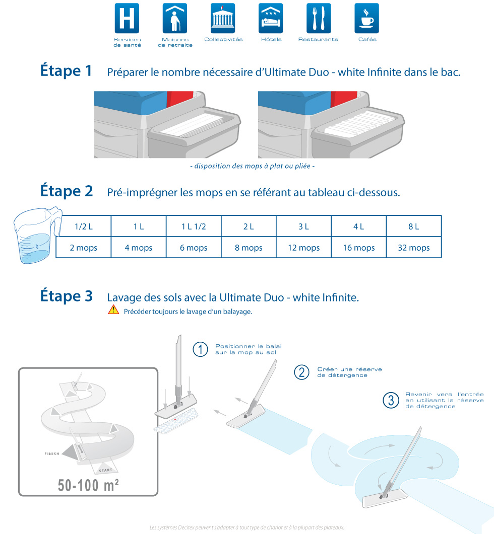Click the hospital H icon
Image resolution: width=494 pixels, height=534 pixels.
coord(127,18)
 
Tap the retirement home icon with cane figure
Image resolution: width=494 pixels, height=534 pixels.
coord(175,18)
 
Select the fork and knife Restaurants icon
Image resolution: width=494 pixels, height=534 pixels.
coord(319,18)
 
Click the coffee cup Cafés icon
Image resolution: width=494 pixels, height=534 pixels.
coord(367,18)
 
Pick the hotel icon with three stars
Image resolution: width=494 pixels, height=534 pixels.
coord(271,18)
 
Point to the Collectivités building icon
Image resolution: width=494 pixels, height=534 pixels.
coord(223,18)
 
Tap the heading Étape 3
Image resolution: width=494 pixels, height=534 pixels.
coord(67,295)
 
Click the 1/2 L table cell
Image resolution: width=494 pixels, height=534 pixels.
coord(84,226)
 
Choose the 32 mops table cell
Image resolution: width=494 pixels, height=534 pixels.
coord(414,247)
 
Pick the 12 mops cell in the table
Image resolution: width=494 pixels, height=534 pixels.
coord(303,247)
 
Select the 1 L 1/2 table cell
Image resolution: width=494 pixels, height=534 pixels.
coord(194,226)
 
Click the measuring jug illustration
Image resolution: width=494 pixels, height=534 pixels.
coord(36,235)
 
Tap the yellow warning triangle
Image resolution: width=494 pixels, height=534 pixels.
coord(113,310)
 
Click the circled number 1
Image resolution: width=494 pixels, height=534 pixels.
coord(200,349)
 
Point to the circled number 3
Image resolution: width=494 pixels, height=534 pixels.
coord(391,401)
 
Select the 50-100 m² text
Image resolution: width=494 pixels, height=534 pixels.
coord(88,485)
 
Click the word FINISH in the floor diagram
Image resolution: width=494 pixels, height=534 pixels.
coord(52,453)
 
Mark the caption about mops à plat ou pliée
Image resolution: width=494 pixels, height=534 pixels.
coord(252,166)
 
